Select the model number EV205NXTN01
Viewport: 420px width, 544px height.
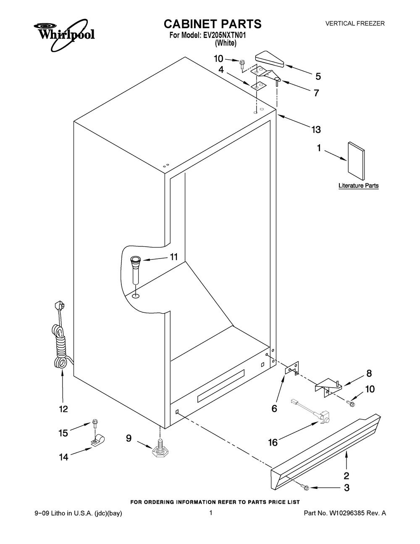224,36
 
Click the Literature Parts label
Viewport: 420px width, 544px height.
358,185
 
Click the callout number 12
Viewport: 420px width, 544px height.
63,409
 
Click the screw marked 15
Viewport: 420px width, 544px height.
94,422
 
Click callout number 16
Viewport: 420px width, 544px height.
273,442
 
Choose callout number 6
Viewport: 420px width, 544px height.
274,408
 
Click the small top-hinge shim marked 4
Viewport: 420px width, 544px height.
258,86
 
